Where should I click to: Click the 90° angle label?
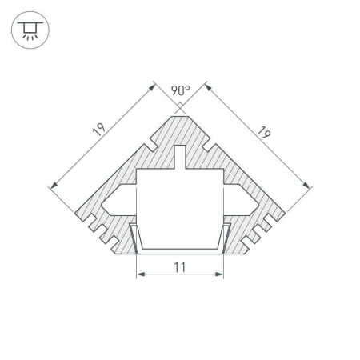point(180,90)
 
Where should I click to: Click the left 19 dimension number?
point(99,130)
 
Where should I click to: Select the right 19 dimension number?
point(264,133)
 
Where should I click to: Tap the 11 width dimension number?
point(180,267)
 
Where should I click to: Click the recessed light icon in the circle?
point(30,30)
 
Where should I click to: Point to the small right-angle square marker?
point(180,106)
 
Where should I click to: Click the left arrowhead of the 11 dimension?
point(141,274)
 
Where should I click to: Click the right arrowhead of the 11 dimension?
point(219,274)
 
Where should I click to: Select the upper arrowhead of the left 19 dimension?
point(152,87)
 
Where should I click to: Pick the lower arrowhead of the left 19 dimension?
point(54,185)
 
